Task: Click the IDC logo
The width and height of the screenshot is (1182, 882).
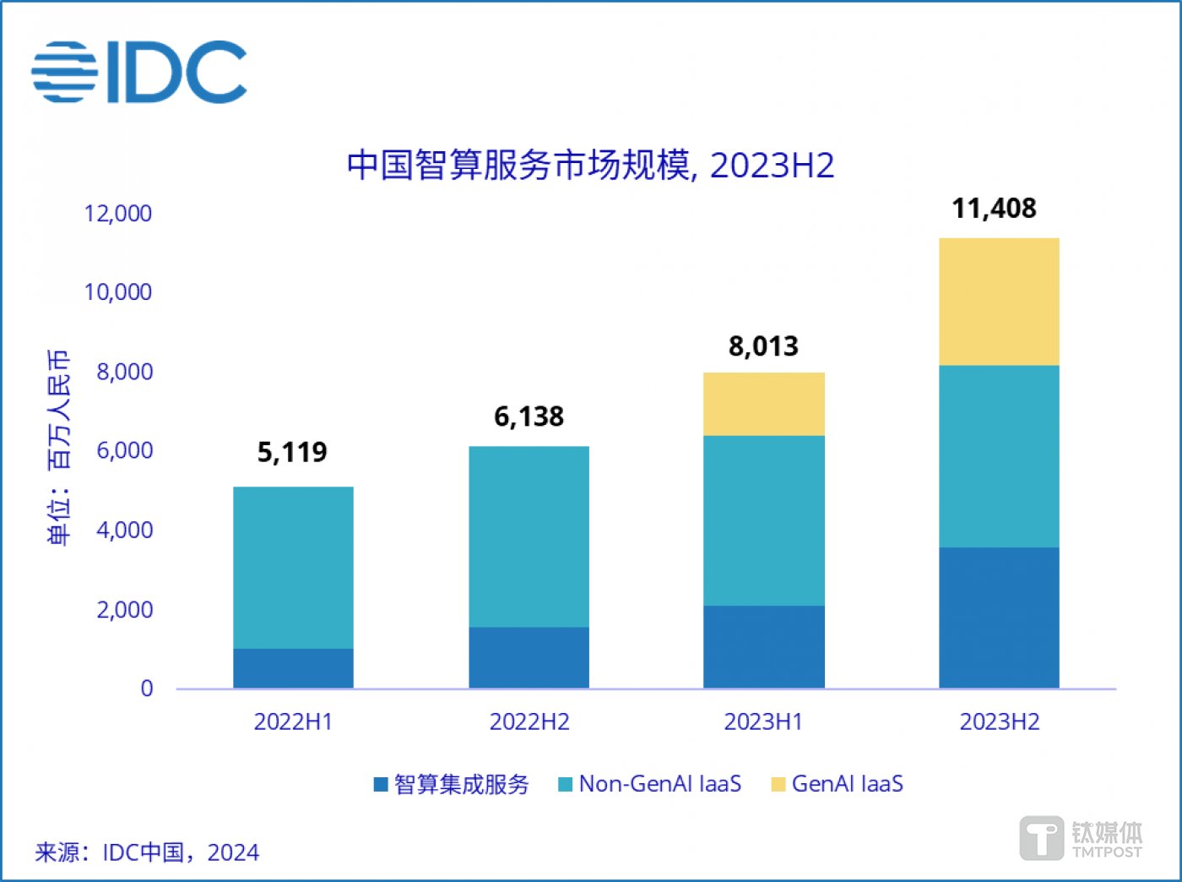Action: click(139, 72)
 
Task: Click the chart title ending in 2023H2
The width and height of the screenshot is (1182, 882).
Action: click(590, 165)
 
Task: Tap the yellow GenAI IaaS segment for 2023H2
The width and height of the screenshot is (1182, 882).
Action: click(999, 302)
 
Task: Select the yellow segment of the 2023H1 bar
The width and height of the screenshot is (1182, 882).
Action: click(764, 404)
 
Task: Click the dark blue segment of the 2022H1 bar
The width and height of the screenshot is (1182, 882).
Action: click(293, 668)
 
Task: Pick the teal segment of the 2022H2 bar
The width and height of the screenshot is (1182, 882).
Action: click(529, 536)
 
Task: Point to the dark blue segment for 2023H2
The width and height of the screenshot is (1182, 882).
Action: click(999, 618)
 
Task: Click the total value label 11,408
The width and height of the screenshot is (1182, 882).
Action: click(994, 209)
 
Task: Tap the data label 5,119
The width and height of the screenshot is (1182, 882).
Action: click(292, 453)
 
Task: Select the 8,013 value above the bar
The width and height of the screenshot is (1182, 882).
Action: click(763, 346)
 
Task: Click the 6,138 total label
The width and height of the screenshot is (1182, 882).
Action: click(529, 416)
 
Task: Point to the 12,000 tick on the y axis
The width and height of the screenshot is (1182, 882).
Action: click(118, 214)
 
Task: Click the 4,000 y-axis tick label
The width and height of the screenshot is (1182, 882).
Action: click(125, 531)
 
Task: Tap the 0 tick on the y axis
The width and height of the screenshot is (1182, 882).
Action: click(147, 689)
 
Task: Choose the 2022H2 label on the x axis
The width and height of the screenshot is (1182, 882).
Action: click(529, 722)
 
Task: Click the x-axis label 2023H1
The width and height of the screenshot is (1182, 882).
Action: click(763, 722)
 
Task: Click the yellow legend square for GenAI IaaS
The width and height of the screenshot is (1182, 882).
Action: click(778, 785)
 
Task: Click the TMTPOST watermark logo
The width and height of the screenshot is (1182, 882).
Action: click(1082, 838)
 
